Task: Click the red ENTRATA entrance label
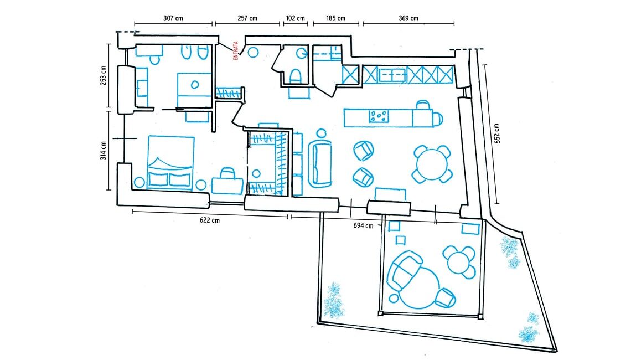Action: coord(236,51)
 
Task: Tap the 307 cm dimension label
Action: coord(173,18)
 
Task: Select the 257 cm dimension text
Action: coord(247,18)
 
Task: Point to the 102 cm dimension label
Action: coord(296,18)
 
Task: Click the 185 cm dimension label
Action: coord(335,18)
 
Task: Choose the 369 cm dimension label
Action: coord(408,18)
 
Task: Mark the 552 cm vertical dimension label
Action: coord(498,133)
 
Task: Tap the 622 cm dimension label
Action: coord(210,220)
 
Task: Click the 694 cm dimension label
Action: coord(364,225)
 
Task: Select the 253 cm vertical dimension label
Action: coord(104,75)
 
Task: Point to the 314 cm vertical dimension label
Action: coord(104,150)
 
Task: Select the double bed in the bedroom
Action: coord(170,162)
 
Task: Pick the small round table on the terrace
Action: coord(458,261)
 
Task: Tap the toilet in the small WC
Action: coord(296,76)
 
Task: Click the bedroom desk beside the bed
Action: coord(228,186)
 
